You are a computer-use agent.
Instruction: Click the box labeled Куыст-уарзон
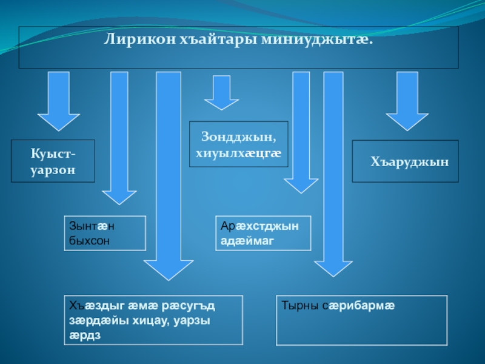pos(53,161)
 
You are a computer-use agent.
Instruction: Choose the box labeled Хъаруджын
pos(406,161)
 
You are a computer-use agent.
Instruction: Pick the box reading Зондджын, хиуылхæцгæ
pos(238,144)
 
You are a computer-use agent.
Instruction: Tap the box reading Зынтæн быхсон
pos(105,233)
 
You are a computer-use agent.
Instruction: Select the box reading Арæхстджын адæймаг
pos(263,233)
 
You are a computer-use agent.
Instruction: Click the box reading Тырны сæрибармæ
pos(361,320)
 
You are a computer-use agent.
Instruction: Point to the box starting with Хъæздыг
pos(153,320)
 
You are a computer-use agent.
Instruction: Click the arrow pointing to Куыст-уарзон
pos(58,100)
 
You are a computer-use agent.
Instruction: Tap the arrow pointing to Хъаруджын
pos(407,100)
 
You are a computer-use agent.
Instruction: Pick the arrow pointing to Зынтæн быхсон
pos(119,136)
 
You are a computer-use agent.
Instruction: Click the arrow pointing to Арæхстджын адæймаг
pos(301,130)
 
